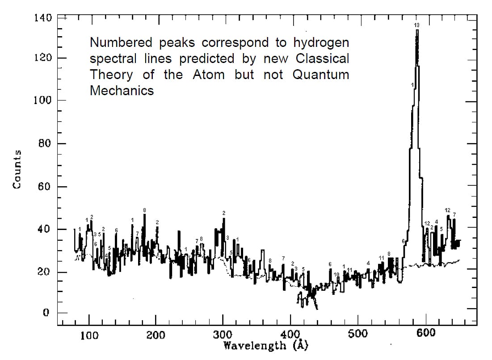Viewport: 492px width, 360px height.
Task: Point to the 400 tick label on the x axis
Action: coord(291,335)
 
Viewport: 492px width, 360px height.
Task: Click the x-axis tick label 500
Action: coord(357,335)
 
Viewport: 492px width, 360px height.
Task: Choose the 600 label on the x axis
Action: coord(425,335)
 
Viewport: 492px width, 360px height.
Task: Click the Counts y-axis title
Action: coord(17,169)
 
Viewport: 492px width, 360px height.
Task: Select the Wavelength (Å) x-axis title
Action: coord(265,345)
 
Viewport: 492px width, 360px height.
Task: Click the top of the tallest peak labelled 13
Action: coord(417,30)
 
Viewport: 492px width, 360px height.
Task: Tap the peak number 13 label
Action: coord(416,25)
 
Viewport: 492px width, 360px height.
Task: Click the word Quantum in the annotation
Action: coord(320,75)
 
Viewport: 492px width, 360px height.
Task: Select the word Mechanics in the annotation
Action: coord(122,90)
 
